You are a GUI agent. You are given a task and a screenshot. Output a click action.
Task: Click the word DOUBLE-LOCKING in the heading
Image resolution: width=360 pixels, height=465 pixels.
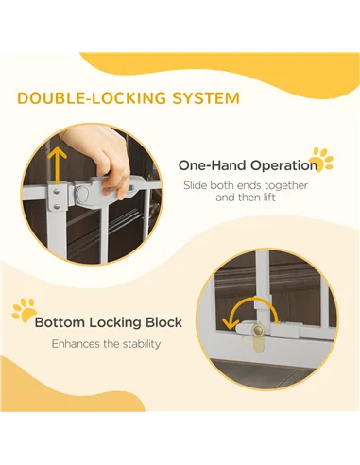[x=92, y=98]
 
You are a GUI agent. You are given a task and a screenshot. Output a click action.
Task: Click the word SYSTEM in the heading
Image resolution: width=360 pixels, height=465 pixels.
[x=206, y=98]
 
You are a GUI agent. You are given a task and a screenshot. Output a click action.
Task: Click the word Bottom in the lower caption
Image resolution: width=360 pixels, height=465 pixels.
[x=60, y=322]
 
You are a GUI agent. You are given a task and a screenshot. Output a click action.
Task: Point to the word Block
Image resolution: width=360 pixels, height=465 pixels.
[x=163, y=322]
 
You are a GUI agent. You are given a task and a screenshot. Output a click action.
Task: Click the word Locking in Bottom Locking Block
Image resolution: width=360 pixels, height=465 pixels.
[x=115, y=323]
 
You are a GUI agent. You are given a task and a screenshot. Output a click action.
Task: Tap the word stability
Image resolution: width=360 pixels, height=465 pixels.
[x=142, y=344]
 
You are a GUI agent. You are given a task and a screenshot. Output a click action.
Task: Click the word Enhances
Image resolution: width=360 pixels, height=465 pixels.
[x=77, y=344]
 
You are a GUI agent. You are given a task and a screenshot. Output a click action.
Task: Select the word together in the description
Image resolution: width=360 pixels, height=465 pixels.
[x=286, y=185]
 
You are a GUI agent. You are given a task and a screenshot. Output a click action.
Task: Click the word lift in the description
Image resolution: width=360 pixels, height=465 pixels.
[x=269, y=198]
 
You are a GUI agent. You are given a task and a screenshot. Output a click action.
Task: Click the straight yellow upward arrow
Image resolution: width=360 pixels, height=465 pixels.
[x=57, y=166]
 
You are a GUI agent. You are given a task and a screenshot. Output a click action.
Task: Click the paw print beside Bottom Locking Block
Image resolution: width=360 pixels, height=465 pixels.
[x=25, y=310]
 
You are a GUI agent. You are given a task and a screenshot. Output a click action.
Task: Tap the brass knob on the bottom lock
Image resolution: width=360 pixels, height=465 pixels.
[x=259, y=331]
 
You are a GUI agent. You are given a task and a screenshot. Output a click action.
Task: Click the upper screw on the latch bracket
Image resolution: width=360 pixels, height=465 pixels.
[x=56, y=192]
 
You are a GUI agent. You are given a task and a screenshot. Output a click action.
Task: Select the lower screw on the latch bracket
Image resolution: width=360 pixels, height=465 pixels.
[x=57, y=207]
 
